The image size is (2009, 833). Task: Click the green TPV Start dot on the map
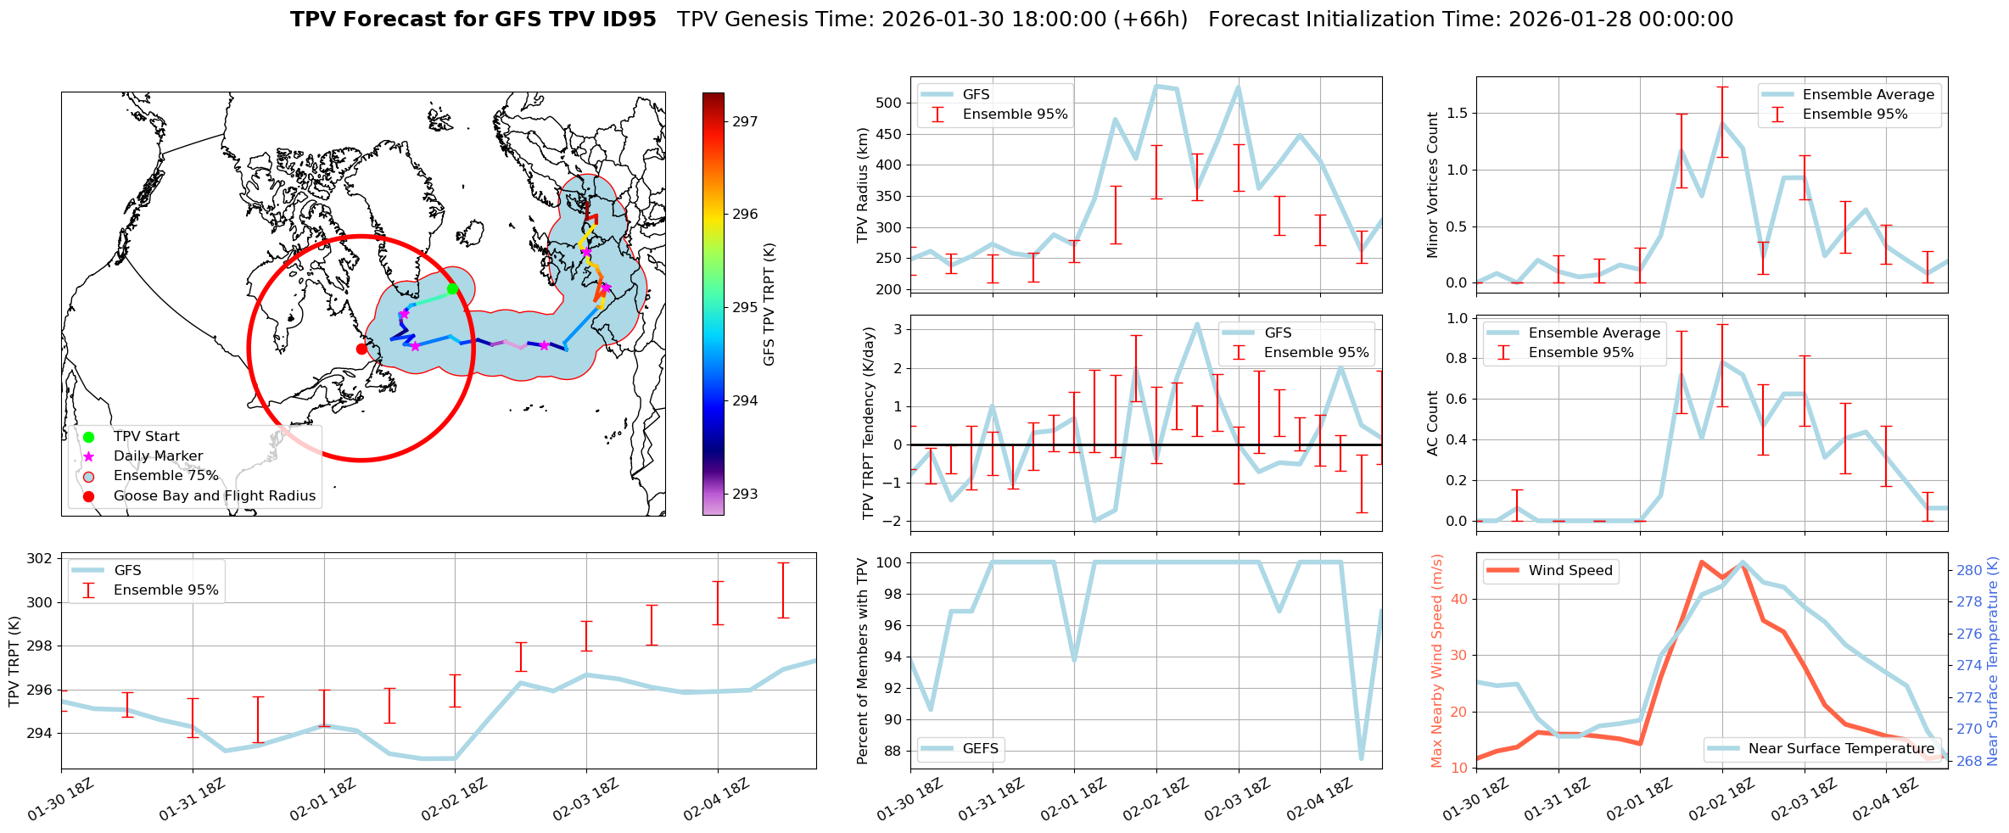(452, 289)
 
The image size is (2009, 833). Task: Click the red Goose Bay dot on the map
(361, 349)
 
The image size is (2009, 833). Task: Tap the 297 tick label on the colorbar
(745, 121)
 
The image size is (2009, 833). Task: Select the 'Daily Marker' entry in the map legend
(158, 456)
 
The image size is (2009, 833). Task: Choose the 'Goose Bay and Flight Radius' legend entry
(214, 496)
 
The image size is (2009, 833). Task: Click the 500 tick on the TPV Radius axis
(888, 103)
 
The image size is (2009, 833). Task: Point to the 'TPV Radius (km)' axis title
(864, 185)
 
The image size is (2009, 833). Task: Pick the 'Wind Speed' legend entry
(1570, 571)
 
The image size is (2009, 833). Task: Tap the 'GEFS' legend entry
(980, 749)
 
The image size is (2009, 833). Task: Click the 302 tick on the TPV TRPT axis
(39, 559)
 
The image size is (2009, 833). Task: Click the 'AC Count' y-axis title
(1433, 423)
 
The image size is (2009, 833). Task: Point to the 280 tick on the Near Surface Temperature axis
(1969, 571)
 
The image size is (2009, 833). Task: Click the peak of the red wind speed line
(1701, 562)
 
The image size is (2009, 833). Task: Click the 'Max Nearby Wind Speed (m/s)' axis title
(1436, 661)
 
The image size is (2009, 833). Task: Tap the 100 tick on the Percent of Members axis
(888, 562)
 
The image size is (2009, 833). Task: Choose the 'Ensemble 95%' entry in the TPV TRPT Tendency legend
(1316, 353)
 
